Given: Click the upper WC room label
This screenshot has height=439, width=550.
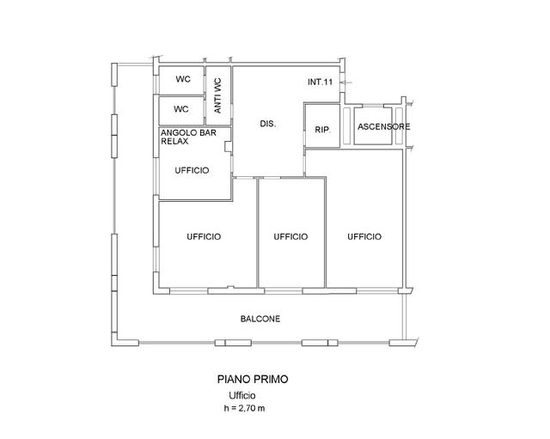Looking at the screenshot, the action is point(183,79).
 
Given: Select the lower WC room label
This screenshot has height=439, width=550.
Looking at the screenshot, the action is point(181,109).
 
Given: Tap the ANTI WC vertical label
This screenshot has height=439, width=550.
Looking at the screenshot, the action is point(217,95).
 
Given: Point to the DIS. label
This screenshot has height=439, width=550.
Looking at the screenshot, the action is point(268,124).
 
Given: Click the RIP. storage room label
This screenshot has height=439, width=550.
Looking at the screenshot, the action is point(323,130).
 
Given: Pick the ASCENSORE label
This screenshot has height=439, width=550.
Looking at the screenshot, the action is point(384,126).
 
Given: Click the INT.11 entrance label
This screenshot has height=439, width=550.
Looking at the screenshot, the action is point(320,82).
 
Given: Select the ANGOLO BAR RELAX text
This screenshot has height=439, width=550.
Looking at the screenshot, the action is point(188,137).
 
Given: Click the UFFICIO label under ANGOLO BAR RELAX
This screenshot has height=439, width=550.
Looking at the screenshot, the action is point(192,170).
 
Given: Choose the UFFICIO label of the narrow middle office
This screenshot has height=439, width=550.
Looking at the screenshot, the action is point(290,236).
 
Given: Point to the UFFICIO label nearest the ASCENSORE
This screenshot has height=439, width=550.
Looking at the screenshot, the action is point(364,236).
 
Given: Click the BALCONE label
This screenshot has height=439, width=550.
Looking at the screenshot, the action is point(260,319).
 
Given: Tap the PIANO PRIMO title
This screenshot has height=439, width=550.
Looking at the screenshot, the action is point(253,379).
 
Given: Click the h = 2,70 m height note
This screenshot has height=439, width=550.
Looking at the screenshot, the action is point(244,408).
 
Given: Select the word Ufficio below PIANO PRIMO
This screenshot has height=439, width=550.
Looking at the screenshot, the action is point(242,395).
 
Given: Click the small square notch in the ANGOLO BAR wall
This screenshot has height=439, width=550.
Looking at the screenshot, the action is point(229,147).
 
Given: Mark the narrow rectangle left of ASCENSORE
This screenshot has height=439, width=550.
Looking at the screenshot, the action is point(346,126).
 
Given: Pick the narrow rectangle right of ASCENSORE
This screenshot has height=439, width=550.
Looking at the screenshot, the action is point(399,126).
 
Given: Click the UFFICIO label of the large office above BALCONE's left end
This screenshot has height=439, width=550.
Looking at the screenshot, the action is point(204,236).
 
